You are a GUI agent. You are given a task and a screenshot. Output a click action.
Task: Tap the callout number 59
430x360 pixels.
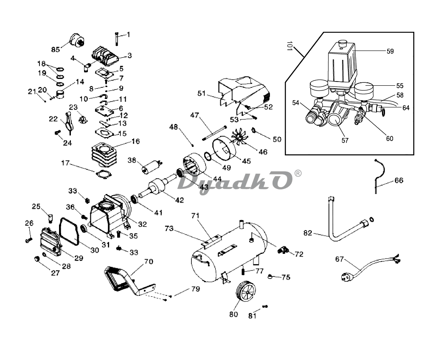[x=390, y=51]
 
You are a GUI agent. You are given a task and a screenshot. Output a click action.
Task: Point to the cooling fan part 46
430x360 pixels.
[x=239, y=138]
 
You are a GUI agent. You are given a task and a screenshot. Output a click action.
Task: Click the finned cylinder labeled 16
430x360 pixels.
[x=105, y=155]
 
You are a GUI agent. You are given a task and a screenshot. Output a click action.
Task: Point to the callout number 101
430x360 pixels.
[x=289, y=46]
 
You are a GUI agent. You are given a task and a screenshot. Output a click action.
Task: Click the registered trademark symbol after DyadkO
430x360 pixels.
[x=298, y=174]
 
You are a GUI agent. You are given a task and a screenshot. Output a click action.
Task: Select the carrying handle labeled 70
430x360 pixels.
[x=129, y=281]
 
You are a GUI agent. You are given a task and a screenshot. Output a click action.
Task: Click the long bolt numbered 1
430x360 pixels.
[x=117, y=39]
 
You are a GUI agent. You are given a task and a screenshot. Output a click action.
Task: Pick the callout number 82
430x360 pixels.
[x=308, y=233]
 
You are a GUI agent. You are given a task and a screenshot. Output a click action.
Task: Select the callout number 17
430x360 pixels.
[x=65, y=163]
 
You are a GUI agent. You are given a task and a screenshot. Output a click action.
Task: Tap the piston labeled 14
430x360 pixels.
[x=61, y=94]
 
